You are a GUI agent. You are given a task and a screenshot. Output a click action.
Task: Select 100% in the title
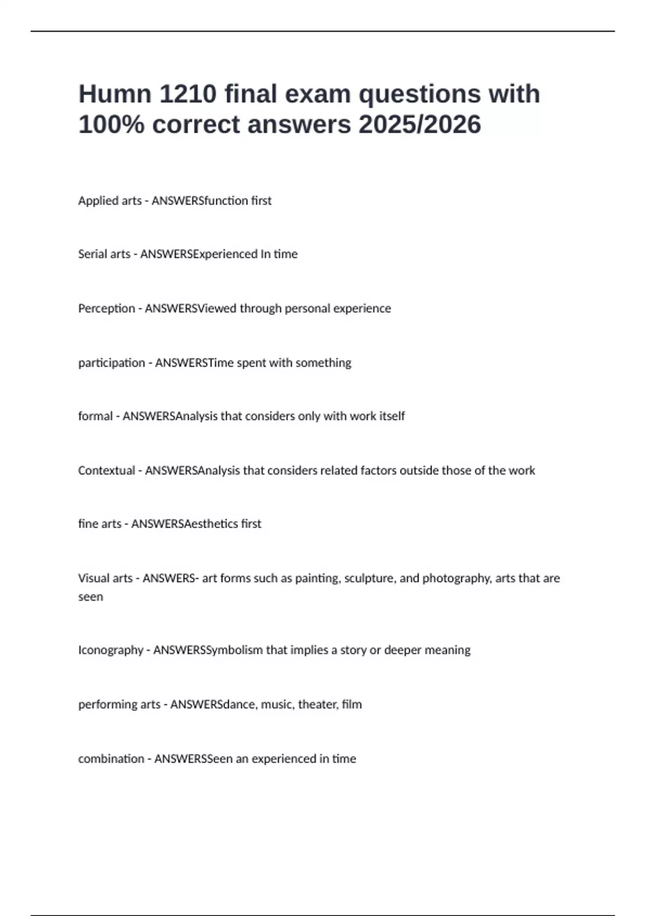[111, 124]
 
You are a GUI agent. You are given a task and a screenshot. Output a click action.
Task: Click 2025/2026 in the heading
[420, 124]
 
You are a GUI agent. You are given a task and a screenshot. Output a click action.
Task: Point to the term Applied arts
[110, 200]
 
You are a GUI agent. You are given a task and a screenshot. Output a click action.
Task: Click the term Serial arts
[104, 254]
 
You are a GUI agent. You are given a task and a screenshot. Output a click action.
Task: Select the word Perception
[107, 308]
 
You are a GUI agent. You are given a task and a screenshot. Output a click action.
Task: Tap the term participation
[111, 363]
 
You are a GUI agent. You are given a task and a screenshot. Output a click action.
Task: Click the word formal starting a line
[95, 416]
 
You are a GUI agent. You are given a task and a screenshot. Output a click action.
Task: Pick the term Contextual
[107, 470]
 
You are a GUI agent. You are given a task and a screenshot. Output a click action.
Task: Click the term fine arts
[100, 524]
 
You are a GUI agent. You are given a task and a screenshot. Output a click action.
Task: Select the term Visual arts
[105, 578]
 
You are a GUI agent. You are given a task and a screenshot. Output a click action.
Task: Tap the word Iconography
[110, 650]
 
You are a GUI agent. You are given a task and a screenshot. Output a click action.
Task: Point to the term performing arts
[119, 704]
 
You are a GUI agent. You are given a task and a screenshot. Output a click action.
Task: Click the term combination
[111, 759]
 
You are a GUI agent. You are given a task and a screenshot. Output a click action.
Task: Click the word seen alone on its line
[90, 597]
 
